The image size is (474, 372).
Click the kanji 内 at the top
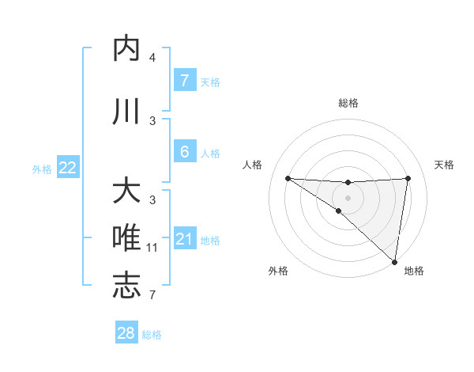(x=127, y=49)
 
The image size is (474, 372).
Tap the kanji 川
(x=127, y=112)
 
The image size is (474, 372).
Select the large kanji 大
(x=127, y=192)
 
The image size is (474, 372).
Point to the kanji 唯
(x=127, y=239)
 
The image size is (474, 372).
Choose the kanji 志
(x=127, y=287)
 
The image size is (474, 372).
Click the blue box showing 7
(x=184, y=81)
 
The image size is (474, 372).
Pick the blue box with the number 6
(x=184, y=152)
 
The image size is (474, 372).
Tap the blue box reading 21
(x=184, y=239)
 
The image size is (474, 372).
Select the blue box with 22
(x=67, y=168)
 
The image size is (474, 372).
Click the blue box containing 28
(x=126, y=333)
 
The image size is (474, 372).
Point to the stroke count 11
(x=152, y=248)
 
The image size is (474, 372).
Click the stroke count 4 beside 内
(x=152, y=58)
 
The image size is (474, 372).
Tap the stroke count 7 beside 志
(x=152, y=295)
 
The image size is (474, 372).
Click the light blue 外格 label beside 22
(x=42, y=169)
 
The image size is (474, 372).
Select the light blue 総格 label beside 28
(x=152, y=334)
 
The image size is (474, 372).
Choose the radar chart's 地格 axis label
(x=414, y=271)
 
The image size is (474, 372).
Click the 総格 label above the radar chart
(x=348, y=103)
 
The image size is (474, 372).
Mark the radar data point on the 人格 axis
(x=288, y=178)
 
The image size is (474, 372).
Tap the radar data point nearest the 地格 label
(x=394, y=261)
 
